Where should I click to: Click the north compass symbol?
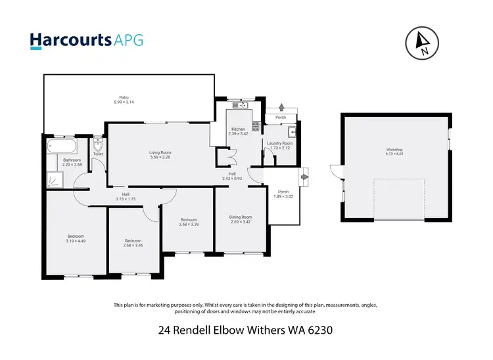coord(423,43)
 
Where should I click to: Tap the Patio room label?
coord(124,100)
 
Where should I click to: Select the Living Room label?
coord(160,154)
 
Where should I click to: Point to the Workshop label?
coord(394,150)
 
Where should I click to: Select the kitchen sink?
coord(241,105)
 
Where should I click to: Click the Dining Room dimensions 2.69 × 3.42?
coord(241,222)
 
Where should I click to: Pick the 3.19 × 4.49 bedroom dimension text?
coord(76,241)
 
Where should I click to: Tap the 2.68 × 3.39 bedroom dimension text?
coord(188,225)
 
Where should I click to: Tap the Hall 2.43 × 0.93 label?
coord(231,177)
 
